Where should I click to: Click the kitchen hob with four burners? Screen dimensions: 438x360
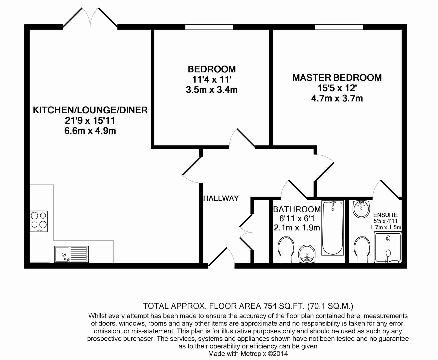click(39, 221)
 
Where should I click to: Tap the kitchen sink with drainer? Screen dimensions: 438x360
click(71, 254)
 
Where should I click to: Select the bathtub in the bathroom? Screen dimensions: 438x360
click(333, 228)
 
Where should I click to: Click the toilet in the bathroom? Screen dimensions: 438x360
click(286, 250)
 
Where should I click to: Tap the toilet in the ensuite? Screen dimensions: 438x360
click(362, 250)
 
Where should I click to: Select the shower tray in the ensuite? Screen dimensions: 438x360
click(388, 247)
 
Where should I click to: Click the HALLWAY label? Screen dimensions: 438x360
click(221, 198)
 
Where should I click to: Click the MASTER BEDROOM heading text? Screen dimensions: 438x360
click(337, 78)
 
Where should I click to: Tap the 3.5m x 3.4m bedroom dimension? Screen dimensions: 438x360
click(212, 90)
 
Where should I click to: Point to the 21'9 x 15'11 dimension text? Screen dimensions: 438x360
click(90, 120)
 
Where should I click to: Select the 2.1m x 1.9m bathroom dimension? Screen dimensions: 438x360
click(297, 228)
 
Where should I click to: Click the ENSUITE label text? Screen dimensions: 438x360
click(385, 215)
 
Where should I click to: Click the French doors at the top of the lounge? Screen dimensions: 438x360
click(90, 17)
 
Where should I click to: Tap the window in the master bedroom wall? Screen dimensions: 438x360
click(339, 27)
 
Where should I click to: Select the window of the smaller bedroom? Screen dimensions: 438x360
click(209, 27)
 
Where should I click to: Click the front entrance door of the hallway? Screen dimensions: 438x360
click(221, 257)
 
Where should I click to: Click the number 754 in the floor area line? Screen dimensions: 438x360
click(270, 306)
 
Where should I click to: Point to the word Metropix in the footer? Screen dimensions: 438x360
click(253, 354)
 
